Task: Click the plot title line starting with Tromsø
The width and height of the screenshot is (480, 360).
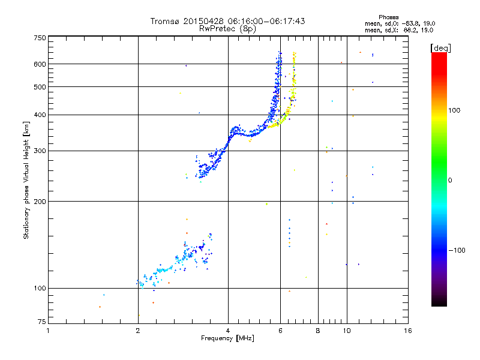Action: tap(227, 21)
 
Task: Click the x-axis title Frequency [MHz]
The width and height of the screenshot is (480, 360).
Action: tap(227, 338)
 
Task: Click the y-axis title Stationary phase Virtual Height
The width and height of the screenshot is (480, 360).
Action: tap(26, 180)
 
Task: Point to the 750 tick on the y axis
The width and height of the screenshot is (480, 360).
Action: tap(40, 38)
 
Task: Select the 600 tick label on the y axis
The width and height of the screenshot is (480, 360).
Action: tap(40, 64)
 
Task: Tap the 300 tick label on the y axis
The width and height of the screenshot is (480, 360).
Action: tap(40, 151)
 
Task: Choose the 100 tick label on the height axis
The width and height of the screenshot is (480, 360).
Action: tap(40, 288)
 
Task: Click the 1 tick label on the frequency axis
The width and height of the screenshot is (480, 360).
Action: tap(48, 330)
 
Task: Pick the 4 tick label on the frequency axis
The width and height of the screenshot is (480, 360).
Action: tap(228, 330)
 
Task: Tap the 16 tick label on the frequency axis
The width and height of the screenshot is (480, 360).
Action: tap(407, 330)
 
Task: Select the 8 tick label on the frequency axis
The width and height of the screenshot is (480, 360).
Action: tap(318, 330)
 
